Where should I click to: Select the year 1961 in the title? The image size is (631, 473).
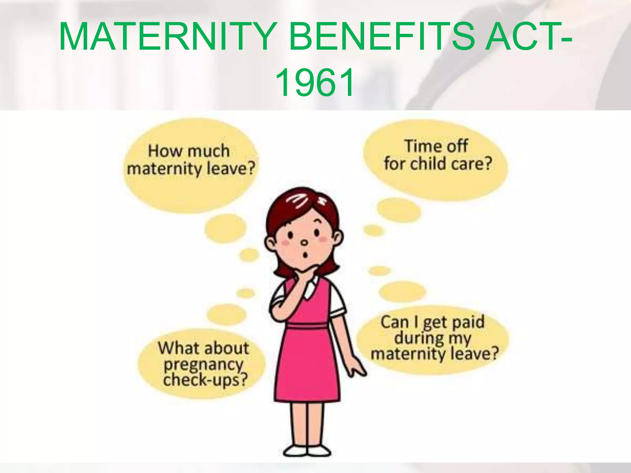(315, 83)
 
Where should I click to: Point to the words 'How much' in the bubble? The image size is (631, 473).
(189, 151)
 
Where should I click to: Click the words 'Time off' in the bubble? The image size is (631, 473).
(436, 146)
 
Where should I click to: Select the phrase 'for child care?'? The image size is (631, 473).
(438, 164)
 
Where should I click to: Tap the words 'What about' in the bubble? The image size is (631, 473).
(203, 348)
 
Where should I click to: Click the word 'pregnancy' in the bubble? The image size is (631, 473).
(203, 365)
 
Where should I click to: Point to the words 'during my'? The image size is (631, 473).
(433, 338)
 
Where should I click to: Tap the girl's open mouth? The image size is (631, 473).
(306, 255)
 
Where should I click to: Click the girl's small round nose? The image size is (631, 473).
(304, 243)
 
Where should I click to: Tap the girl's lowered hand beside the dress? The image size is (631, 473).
(357, 368)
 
